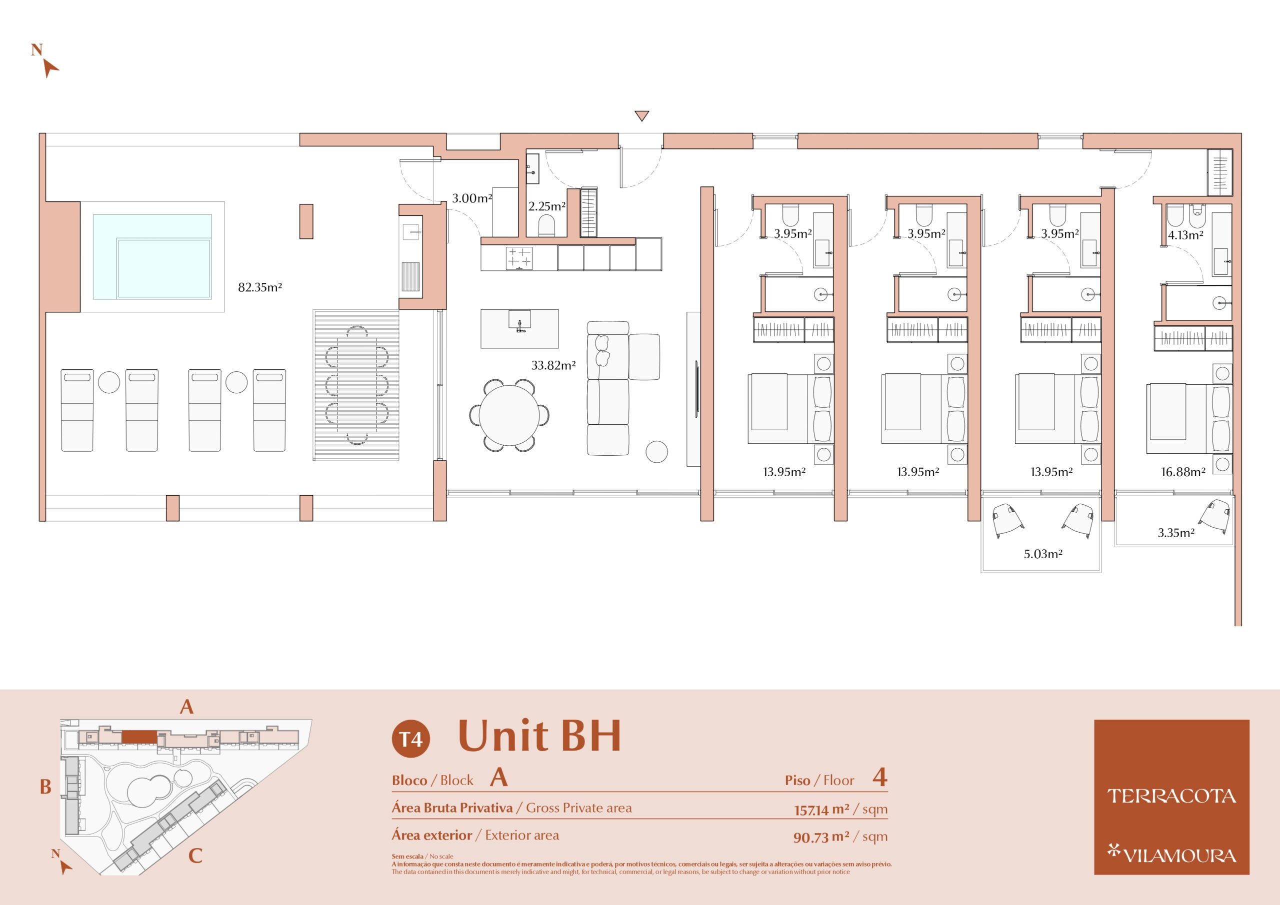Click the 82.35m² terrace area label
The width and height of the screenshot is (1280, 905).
coord(260,287)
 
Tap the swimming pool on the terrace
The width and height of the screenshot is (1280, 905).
coord(152,256)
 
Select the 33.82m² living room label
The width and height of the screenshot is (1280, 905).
coord(553,366)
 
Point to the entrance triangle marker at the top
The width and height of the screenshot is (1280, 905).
coord(641,115)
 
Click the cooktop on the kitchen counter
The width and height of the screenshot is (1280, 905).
coord(519,258)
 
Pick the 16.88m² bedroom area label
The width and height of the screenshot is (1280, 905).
coord(1183,472)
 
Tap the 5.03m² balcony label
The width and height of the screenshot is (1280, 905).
coord(1043,554)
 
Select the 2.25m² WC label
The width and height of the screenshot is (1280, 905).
coord(547,206)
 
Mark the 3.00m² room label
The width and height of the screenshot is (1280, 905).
coord(471,198)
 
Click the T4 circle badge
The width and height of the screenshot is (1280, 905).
coord(411,739)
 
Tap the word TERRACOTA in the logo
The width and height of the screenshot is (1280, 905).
coord(1171,797)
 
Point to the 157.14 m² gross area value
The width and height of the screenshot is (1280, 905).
coord(821,809)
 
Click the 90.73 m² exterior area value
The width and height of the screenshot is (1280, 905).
coord(821,837)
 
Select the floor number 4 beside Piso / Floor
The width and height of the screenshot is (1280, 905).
coord(879,777)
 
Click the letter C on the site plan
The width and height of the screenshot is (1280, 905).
coord(195,856)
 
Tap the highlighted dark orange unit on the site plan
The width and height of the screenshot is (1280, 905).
coord(139,737)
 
